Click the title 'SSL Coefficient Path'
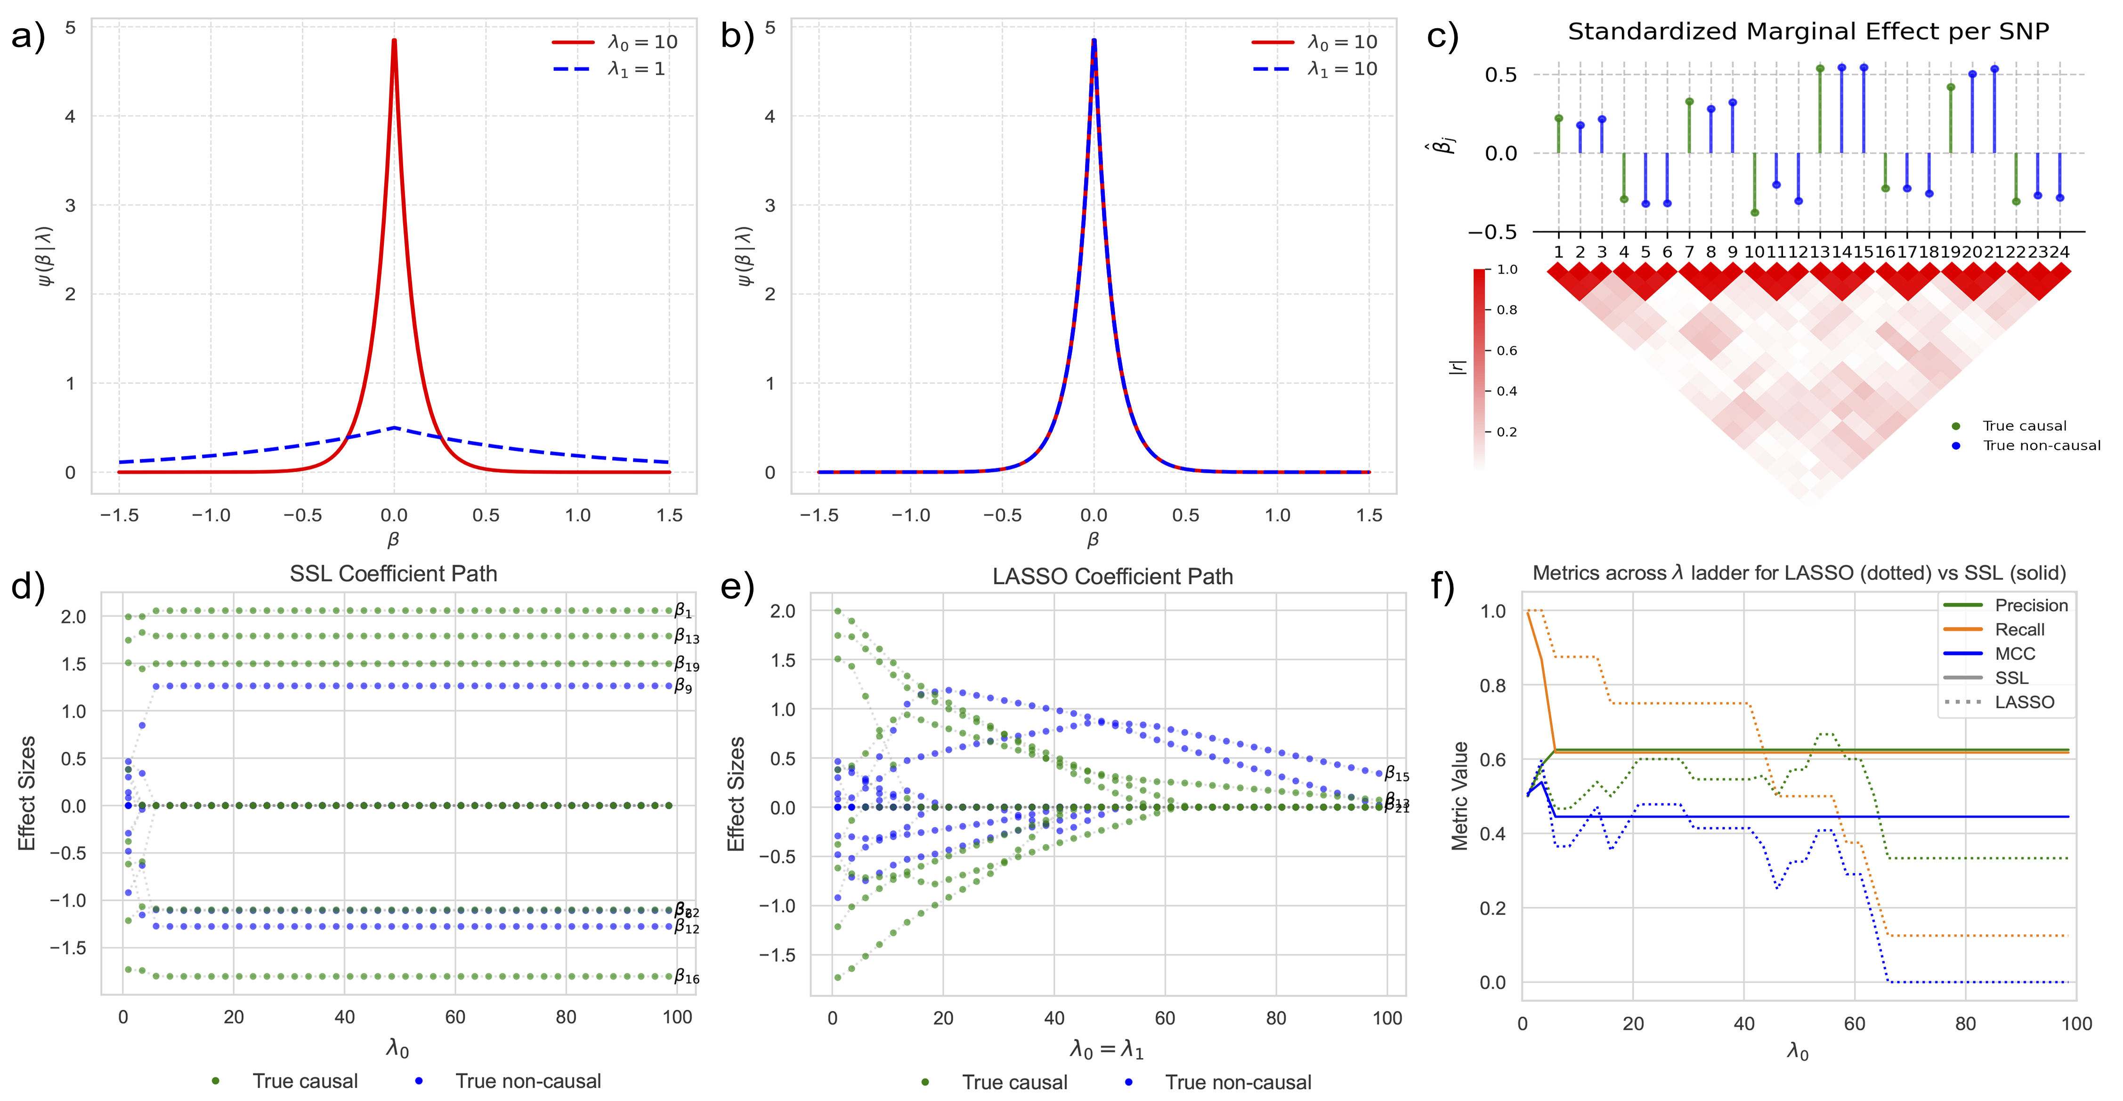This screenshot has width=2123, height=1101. (393, 574)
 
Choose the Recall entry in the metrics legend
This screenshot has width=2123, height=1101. (2019, 630)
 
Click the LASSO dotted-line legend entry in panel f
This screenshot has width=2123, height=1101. (2024, 702)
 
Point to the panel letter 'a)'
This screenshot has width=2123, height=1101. (28, 38)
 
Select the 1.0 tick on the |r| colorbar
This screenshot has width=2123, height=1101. (1507, 269)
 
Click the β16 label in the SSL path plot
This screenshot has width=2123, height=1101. (686, 978)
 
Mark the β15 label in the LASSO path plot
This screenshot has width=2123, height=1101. (1396, 774)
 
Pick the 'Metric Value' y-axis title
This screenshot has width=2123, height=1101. (1459, 795)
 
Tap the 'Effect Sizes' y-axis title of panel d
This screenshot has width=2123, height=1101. (26, 793)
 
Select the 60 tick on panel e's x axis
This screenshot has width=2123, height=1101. (1165, 1018)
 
